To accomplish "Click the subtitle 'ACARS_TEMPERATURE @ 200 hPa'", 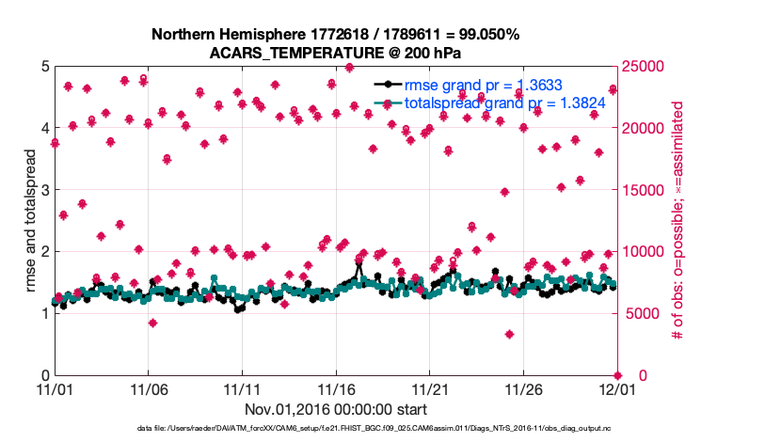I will pyautogui.click(x=335, y=52).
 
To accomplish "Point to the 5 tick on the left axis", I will pyautogui.click(x=44, y=67).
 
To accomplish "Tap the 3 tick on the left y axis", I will pyautogui.click(x=44, y=191).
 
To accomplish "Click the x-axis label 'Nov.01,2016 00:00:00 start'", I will pyautogui.click(x=335, y=409).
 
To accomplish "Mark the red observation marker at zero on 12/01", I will pyautogui.click(x=617, y=375).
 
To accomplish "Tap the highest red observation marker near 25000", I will pyautogui.click(x=349, y=68).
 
